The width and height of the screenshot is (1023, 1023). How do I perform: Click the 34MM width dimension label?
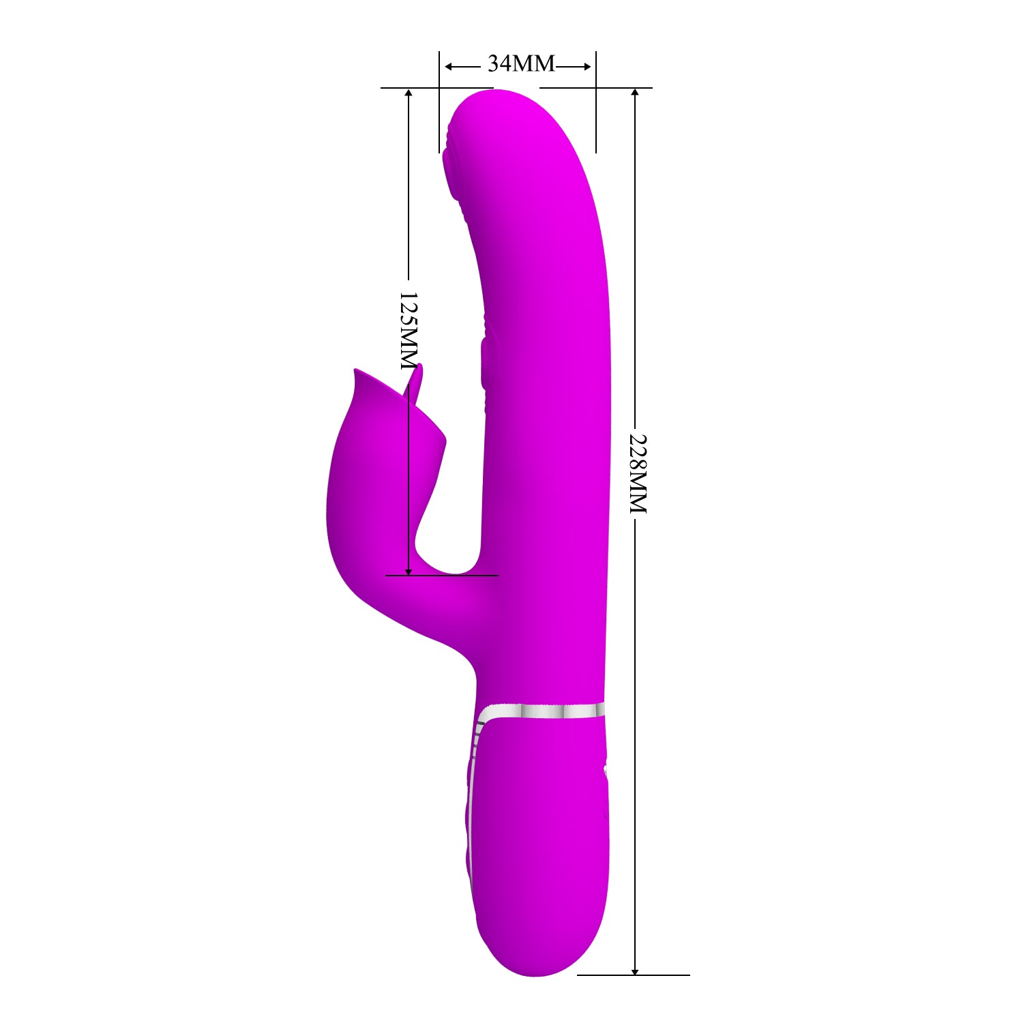pyautogui.click(x=521, y=64)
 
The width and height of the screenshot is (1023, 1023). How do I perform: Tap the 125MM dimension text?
pyautogui.click(x=409, y=330)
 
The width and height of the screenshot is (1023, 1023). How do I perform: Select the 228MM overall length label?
pyautogui.click(x=636, y=473)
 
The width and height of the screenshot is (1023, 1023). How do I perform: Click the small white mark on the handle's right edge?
pyautogui.click(x=606, y=771)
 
